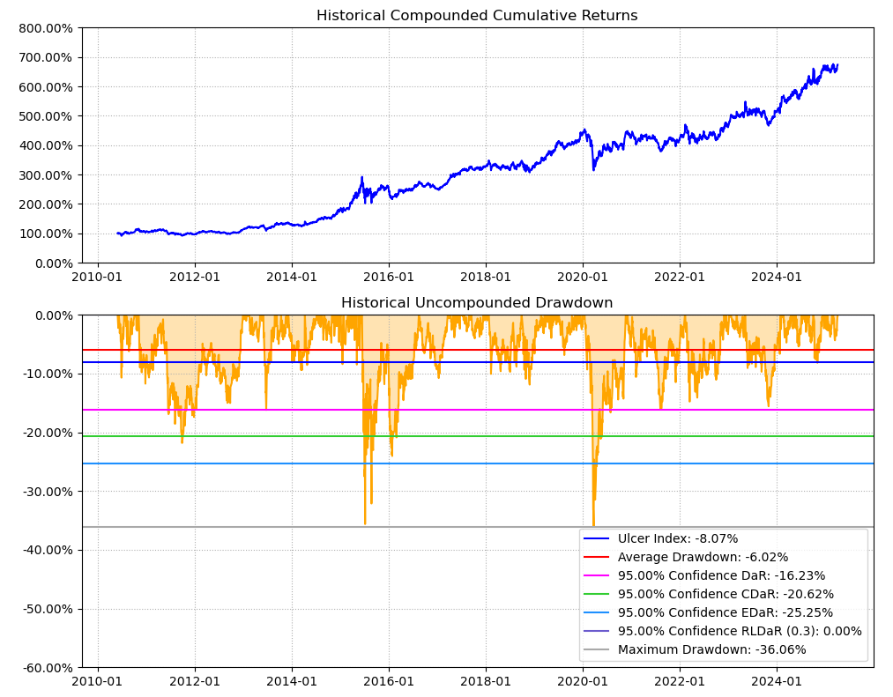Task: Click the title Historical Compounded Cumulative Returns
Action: coord(477,16)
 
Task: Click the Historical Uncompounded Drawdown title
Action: coord(477,303)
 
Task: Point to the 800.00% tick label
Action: coord(45,28)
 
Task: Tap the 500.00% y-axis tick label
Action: coord(45,116)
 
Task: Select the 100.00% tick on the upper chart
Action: coord(45,234)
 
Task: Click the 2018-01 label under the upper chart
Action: coord(486,276)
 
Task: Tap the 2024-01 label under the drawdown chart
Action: coord(777,680)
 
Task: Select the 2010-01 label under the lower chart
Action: coord(97,680)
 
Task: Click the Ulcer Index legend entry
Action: coord(677,538)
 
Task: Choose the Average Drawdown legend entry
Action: coord(703,557)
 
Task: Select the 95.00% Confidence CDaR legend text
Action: coord(726,594)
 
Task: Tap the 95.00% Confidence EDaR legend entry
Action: coord(726,612)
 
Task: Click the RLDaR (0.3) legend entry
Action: coord(740,631)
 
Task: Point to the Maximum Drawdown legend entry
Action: coord(711,649)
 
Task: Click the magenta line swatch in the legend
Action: coord(597,575)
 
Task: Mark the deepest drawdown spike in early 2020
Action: coord(593,524)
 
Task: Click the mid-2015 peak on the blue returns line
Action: coord(361,178)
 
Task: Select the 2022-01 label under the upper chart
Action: coord(680,276)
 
